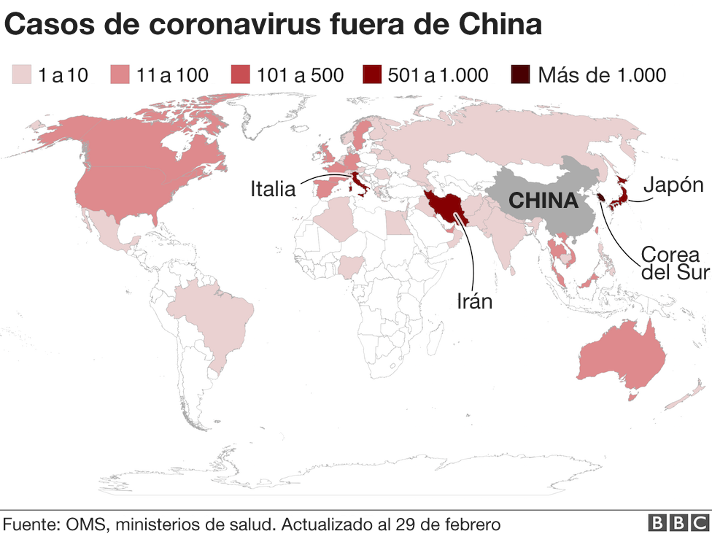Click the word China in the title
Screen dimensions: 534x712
coord(500,25)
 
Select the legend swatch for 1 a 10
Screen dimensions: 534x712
coord(21,74)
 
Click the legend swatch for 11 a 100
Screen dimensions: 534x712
coord(120,74)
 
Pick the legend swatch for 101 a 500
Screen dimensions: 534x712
coord(240,74)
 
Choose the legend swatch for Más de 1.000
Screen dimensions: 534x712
coord(521,74)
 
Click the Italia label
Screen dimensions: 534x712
coord(273,189)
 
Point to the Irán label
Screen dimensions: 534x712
coord(474,300)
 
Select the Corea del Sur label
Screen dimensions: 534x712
coord(670,263)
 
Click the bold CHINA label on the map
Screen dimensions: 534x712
coord(543,201)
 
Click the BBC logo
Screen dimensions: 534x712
coord(678,522)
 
